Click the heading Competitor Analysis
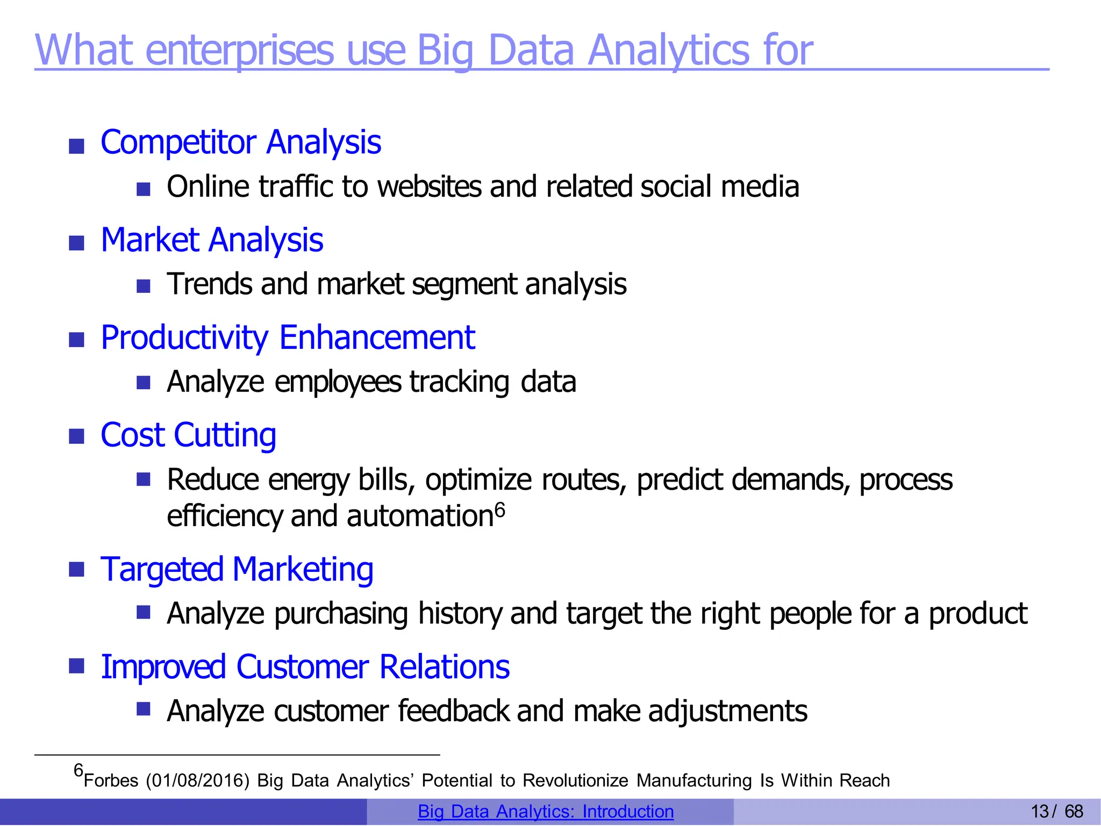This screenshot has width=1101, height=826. pos(240,142)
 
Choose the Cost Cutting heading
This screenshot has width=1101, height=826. pos(188,435)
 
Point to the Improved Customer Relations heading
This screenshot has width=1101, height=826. pos(305,667)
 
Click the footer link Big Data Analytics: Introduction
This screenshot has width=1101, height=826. pos(545,811)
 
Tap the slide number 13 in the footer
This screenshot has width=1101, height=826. pos(1040,811)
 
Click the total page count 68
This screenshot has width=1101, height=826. pos(1074,811)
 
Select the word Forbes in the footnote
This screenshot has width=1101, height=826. pos(111,780)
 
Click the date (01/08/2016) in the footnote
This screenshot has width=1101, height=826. pos(197,780)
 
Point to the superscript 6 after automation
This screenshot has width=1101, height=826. pos(500,509)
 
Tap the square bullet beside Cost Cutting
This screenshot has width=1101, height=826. pos(77,436)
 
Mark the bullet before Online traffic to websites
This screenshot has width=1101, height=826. pos(143,189)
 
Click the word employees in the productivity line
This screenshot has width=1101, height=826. pos(338,382)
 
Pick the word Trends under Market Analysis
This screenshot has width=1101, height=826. pos(210,284)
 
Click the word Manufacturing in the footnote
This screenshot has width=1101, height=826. pos(694,780)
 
